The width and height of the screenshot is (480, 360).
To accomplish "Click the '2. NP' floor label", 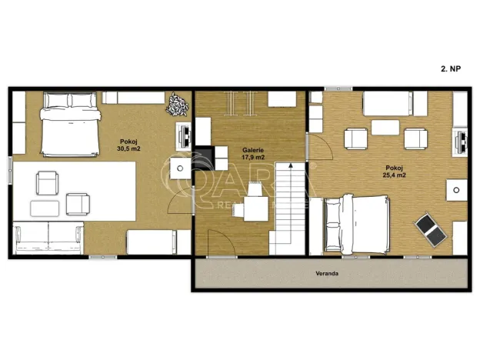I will pos(451,68).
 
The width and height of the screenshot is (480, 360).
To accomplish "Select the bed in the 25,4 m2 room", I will pos(356,223).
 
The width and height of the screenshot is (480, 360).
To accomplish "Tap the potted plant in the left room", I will pos(177,103).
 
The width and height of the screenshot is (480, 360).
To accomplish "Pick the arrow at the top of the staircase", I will pos(289,165).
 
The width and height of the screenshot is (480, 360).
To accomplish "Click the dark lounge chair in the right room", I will pos(428,228).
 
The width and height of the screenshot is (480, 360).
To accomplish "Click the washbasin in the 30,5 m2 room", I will pos(179,167).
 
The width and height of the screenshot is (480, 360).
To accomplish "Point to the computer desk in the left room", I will pos(184,135).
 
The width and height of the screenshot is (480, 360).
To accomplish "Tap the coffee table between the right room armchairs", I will pos(385,128).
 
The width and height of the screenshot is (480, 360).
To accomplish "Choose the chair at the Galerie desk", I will pos(253,207).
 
